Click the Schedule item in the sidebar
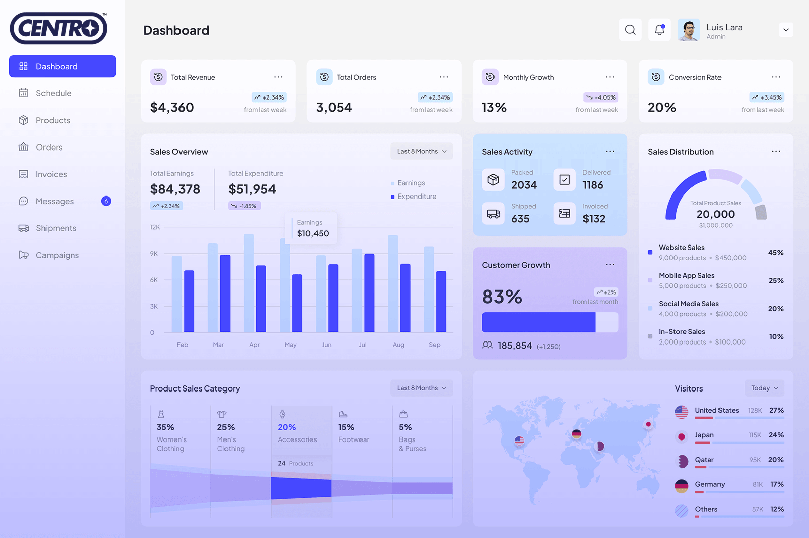(53, 93)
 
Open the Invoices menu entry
(51, 174)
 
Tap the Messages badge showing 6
(106, 201)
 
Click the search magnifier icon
(630, 30)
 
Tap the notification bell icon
(659, 30)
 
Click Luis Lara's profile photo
(688, 30)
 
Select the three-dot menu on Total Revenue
(278, 77)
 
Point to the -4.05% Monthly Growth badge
(601, 97)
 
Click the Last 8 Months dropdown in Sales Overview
(421, 151)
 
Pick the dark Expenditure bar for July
(369, 292)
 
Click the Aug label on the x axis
(398, 345)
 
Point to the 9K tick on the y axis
(154, 254)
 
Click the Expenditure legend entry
(416, 197)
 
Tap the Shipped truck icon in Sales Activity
(493, 214)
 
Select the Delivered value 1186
(593, 185)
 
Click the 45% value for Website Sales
(776, 253)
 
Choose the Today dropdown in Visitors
(764, 388)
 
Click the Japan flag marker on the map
(648, 424)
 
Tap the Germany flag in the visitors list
(682, 486)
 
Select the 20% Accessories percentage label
(287, 427)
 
